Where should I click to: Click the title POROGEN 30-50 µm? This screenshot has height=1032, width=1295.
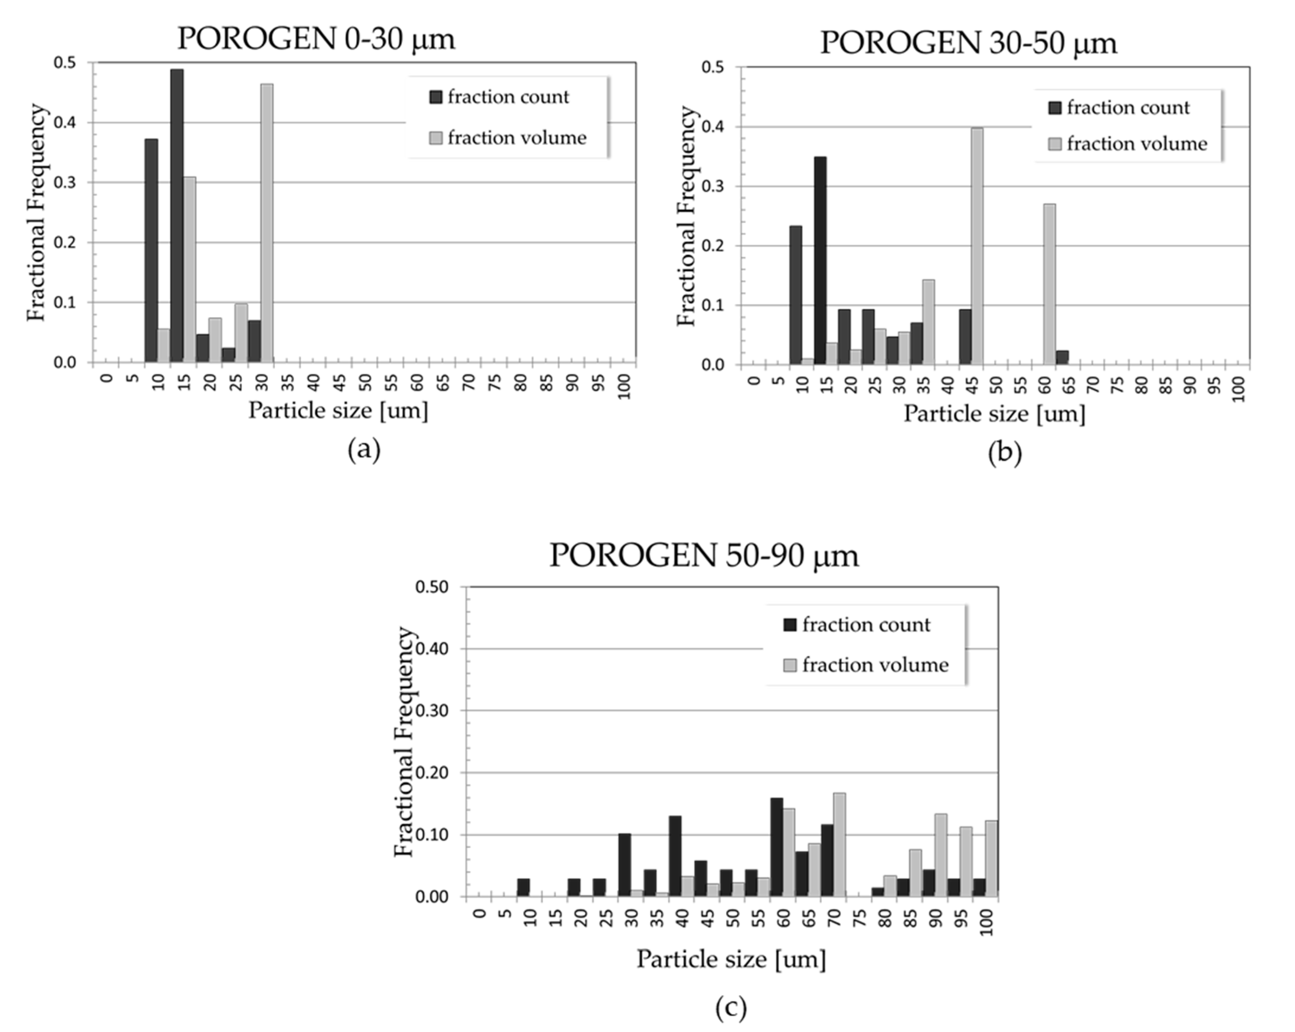(968, 43)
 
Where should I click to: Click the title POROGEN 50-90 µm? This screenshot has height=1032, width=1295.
(704, 555)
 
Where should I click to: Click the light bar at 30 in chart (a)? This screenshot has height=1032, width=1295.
(267, 223)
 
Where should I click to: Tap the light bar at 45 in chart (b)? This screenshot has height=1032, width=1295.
(977, 246)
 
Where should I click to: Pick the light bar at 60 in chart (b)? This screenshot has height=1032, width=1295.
(1049, 284)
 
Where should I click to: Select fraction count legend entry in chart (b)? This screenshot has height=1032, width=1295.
(1118, 108)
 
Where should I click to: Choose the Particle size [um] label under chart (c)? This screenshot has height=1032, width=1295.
(731, 959)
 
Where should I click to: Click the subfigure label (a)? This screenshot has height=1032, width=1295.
(364, 450)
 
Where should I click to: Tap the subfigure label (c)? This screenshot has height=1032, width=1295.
(731, 1007)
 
